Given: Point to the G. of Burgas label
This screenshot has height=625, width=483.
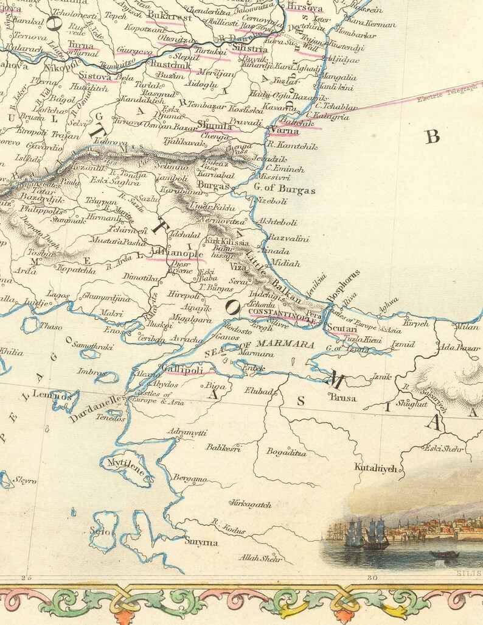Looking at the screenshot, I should click(x=285, y=190).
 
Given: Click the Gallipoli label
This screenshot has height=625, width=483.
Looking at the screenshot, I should click(x=182, y=369).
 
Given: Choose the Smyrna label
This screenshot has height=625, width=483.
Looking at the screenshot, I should click(x=201, y=542).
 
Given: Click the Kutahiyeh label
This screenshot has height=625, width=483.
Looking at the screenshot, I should click(x=376, y=468).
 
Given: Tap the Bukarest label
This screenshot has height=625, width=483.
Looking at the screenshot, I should click(x=170, y=17).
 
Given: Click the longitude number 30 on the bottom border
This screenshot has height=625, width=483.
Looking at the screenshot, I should click(x=373, y=577).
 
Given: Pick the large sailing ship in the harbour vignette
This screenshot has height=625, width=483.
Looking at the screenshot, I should click(x=375, y=534).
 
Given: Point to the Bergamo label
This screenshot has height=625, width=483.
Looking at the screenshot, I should click(x=190, y=479).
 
